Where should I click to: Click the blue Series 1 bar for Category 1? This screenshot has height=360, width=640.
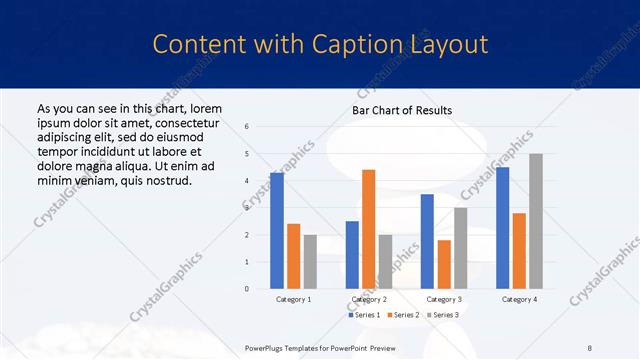(277, 231)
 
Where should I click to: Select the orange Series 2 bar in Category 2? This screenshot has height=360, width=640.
(368, 229)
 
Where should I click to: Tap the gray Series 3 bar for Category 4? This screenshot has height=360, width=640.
(536, 221)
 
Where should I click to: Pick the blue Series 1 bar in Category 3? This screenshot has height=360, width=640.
(427, 241)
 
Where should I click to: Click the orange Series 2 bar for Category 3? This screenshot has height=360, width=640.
(444, 264)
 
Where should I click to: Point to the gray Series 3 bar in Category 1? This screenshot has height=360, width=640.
(310, 262)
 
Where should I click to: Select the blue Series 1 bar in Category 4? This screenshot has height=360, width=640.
(502, 228)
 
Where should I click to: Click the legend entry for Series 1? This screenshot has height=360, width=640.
(364, 315)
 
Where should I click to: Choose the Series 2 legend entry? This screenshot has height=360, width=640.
(402, 315)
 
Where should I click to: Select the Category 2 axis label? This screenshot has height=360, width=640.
(369, 299)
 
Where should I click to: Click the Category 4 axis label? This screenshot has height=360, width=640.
(519, 299)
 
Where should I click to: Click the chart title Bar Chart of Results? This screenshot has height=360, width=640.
(402, 110)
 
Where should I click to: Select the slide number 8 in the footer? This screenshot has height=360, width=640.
(590, 347)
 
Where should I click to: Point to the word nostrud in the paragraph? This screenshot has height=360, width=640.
(165, 180)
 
